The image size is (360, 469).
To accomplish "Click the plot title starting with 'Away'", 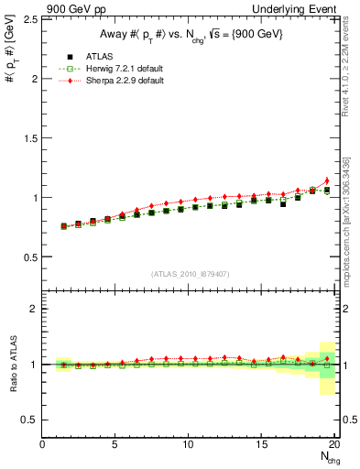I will click(x=187, y=35).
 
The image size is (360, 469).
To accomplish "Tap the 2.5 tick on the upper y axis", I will click(x=30, y=19).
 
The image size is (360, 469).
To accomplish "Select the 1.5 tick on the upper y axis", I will click(x=30, y=138).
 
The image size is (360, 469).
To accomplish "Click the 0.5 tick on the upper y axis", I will click(x=30, y=257).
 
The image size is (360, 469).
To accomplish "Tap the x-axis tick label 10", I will click(x=189, y=444).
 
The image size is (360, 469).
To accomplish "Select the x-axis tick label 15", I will click(x=262, y=444).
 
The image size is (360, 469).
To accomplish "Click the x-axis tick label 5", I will click(x=115, y=444).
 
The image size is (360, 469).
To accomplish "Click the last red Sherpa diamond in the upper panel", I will click(x=327, y=180).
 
